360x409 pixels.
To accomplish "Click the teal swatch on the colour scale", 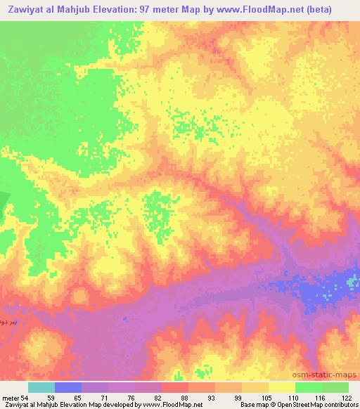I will click(x=41, y=387).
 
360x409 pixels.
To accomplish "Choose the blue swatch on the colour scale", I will click(x=67, y=387).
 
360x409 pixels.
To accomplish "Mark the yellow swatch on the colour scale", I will click(x=281, y=387).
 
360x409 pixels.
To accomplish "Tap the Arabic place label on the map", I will click(x=7, y=309).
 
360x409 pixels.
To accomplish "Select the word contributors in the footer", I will click(x=340, y=405).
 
